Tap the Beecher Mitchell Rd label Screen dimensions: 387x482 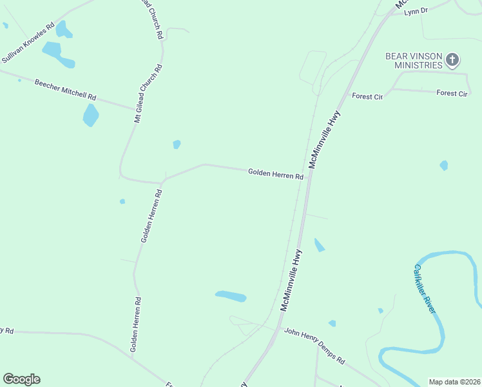point(65,89)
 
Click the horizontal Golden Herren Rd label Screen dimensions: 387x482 point(275,174)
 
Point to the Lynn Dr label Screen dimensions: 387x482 point(416,11)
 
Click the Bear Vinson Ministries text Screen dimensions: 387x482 point(414,61)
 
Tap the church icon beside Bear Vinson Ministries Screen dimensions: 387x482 point(452,61)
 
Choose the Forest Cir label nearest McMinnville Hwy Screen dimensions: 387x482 point(367,96)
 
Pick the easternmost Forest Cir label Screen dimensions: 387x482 point(452,93)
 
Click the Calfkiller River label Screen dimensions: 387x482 point(425,288)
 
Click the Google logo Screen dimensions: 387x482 point(21,379)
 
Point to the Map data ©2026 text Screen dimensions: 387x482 point(454,382)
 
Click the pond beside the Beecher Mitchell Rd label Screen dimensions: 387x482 point(91,115)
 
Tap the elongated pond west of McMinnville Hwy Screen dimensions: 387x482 point(231,296)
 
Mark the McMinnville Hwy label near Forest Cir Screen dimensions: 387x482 point(324,139)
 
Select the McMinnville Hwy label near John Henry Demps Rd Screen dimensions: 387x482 point(291,280)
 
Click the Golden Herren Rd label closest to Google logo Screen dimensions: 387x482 point(135,324)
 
